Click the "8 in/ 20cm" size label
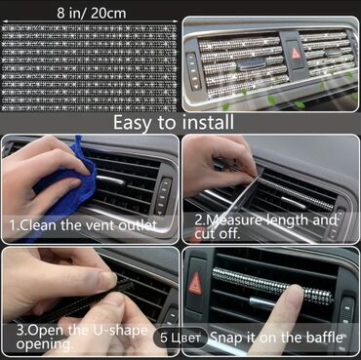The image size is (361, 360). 92,14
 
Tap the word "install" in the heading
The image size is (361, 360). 208,123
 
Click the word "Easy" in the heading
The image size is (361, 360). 133,124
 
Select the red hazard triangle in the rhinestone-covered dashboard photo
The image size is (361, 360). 296,54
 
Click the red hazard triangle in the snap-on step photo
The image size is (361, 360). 195,283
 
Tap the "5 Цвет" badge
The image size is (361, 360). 180,339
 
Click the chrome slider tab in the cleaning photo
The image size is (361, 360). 111,180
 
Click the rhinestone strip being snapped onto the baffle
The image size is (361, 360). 272,285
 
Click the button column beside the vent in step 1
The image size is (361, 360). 163,196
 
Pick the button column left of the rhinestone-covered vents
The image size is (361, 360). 194,70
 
